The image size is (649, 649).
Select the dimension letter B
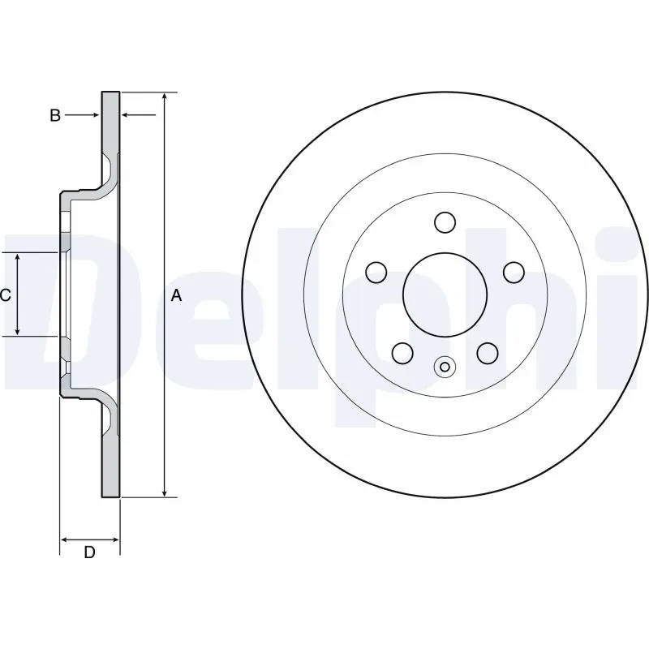55,115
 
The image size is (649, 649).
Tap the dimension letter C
5,295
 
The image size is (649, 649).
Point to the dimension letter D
90,553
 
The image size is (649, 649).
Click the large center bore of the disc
445,294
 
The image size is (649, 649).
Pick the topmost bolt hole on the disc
445,221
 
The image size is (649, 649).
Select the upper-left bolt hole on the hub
376,272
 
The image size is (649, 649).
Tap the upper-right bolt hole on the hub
513,272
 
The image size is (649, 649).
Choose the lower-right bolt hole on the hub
487,352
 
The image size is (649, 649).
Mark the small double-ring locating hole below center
444,367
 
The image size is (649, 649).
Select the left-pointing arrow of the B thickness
127,115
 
